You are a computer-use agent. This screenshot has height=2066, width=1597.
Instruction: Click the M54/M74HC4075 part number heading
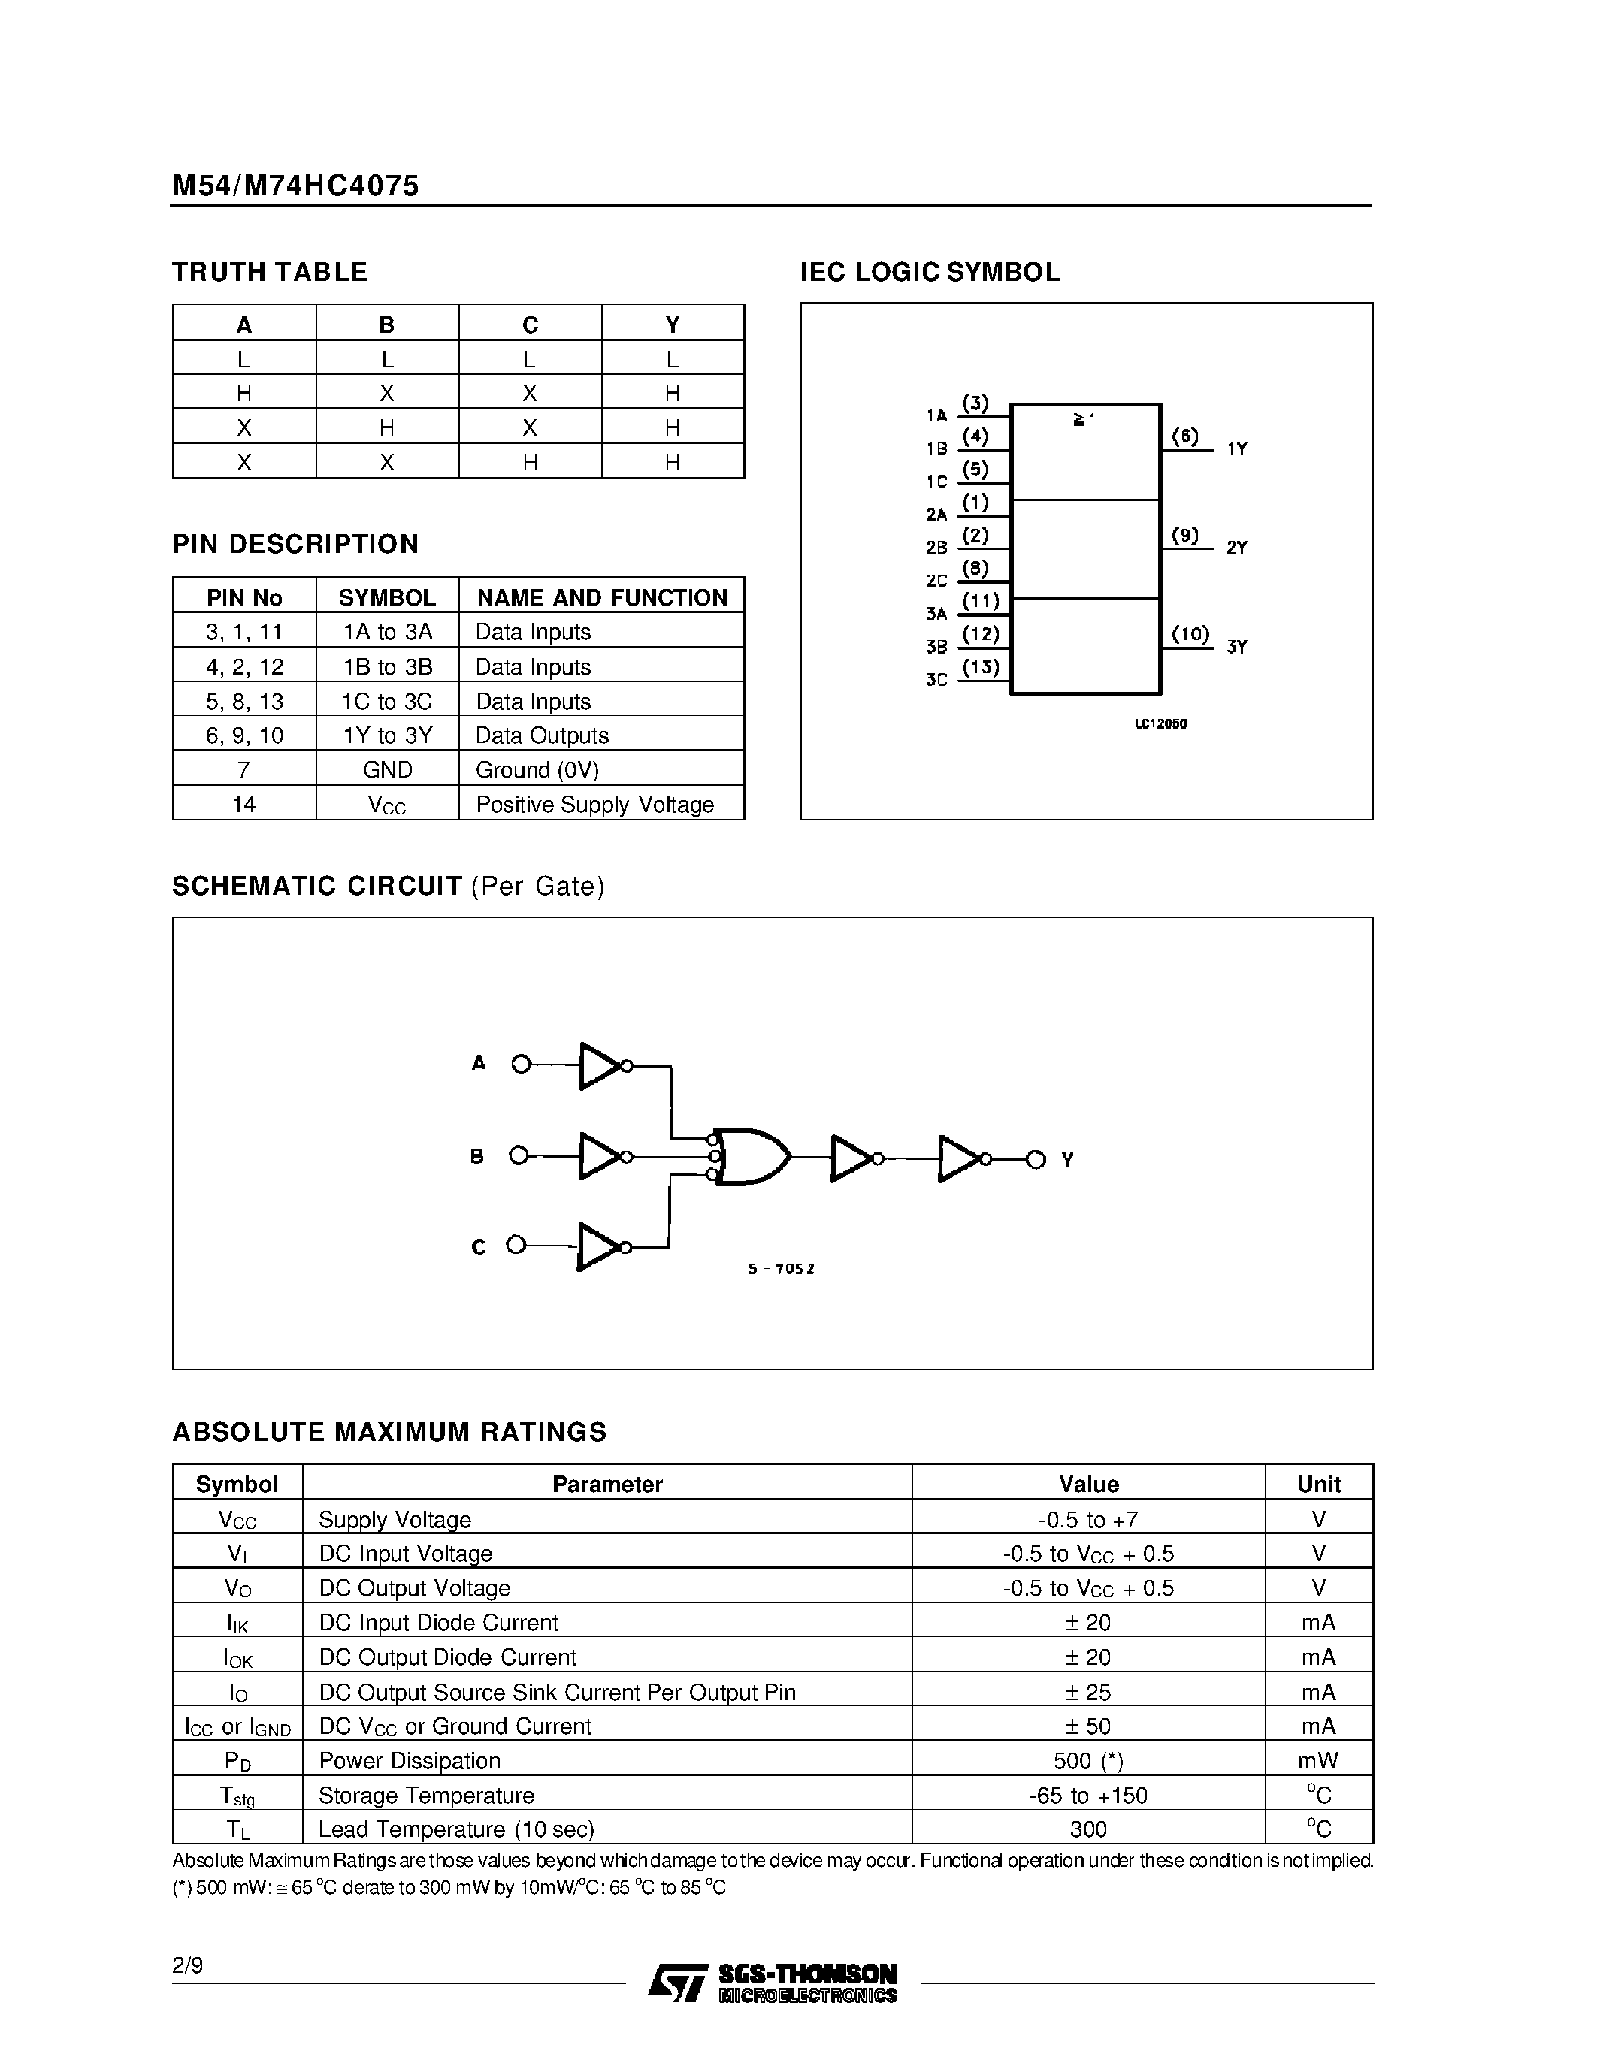pos(295,186)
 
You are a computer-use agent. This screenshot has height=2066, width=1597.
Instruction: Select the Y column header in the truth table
pos(672,325)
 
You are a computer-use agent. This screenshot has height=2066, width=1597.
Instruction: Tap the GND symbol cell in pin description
pos(387,769)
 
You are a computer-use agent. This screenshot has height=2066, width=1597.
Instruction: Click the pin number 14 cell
pos(244,804)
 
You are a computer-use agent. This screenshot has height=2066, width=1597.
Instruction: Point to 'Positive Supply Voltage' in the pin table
pos(594,804)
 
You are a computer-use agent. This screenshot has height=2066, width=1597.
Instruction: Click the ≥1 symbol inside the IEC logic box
pos(1084,419)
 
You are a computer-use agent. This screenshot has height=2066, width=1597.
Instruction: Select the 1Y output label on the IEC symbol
pos(1236,449)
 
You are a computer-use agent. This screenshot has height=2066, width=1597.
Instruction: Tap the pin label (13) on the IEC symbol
pos(980,667)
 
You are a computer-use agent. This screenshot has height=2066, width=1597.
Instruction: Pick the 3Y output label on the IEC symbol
pos(1236,647)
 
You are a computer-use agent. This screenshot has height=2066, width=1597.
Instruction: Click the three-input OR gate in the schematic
pos(752,1156)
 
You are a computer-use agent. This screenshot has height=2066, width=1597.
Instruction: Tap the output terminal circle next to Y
pos(1036,1158)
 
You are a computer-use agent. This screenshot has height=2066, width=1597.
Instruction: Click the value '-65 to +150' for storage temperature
pos(1088,1795)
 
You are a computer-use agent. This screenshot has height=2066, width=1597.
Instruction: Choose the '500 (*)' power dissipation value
pos(1088,1760)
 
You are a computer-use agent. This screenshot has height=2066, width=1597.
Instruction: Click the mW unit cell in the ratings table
pos(1318,1760)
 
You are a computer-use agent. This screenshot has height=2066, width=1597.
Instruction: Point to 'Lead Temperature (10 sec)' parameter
pos(456,1829)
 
